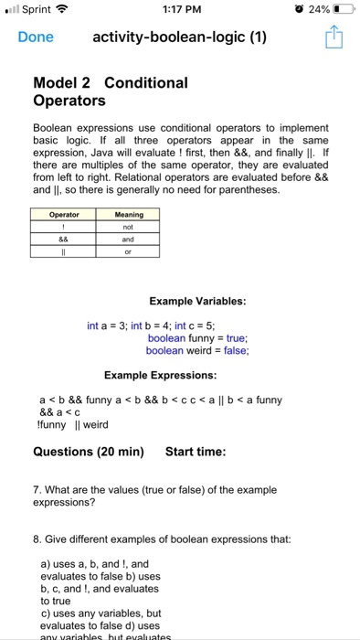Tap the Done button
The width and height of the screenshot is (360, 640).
pyautogui.click(x=36, y=37)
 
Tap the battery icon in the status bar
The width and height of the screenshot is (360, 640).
pyautogui.click(x=342, y=11)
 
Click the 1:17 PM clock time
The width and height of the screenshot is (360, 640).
pyautogui.click(x=179, y=11)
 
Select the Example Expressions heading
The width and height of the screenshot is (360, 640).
pyautogui.click(x=160, y=376)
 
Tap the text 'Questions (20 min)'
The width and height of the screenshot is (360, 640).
pyautogui.click(x=89, y=452)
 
